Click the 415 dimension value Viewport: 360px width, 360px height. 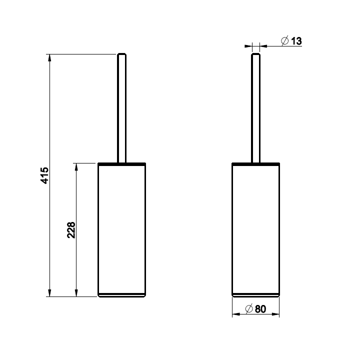coord(44,176)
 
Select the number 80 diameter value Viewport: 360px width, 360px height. coord(260,309)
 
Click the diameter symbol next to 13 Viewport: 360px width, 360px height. coord(284,41)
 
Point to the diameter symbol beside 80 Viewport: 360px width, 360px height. coord(248,309)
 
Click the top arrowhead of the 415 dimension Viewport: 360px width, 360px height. coord(49,58)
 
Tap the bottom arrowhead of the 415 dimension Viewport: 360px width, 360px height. coord(49,292)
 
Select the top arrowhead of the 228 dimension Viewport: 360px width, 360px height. coord(76,167)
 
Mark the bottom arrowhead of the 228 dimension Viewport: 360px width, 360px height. coord(76,292)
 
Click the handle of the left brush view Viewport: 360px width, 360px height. coord(121,110)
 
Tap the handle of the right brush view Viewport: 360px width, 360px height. coord(255,110)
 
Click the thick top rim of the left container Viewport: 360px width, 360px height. coord(121,164)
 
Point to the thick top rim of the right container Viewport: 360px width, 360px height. coord(256,164)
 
